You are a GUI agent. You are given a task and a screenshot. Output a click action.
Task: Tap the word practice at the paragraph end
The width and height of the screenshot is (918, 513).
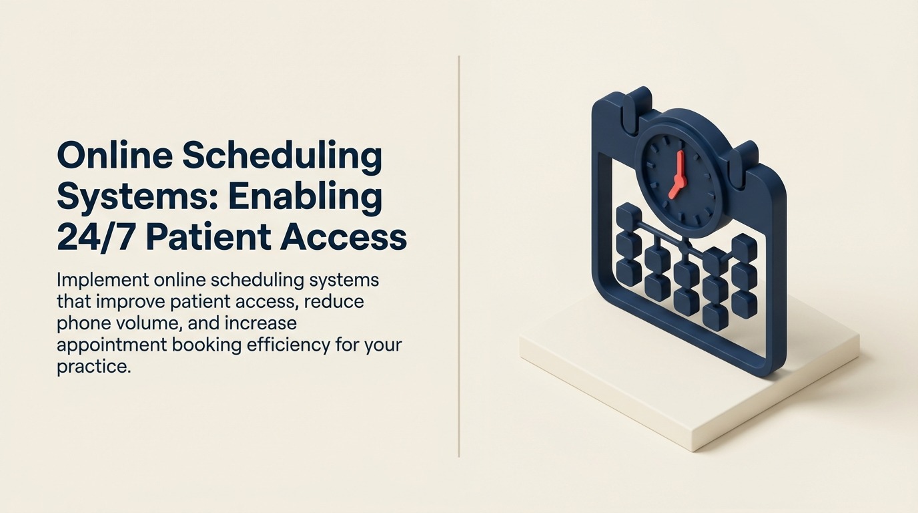point(90,367)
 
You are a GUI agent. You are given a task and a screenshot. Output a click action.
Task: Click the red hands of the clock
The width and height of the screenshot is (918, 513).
point(678,175)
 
